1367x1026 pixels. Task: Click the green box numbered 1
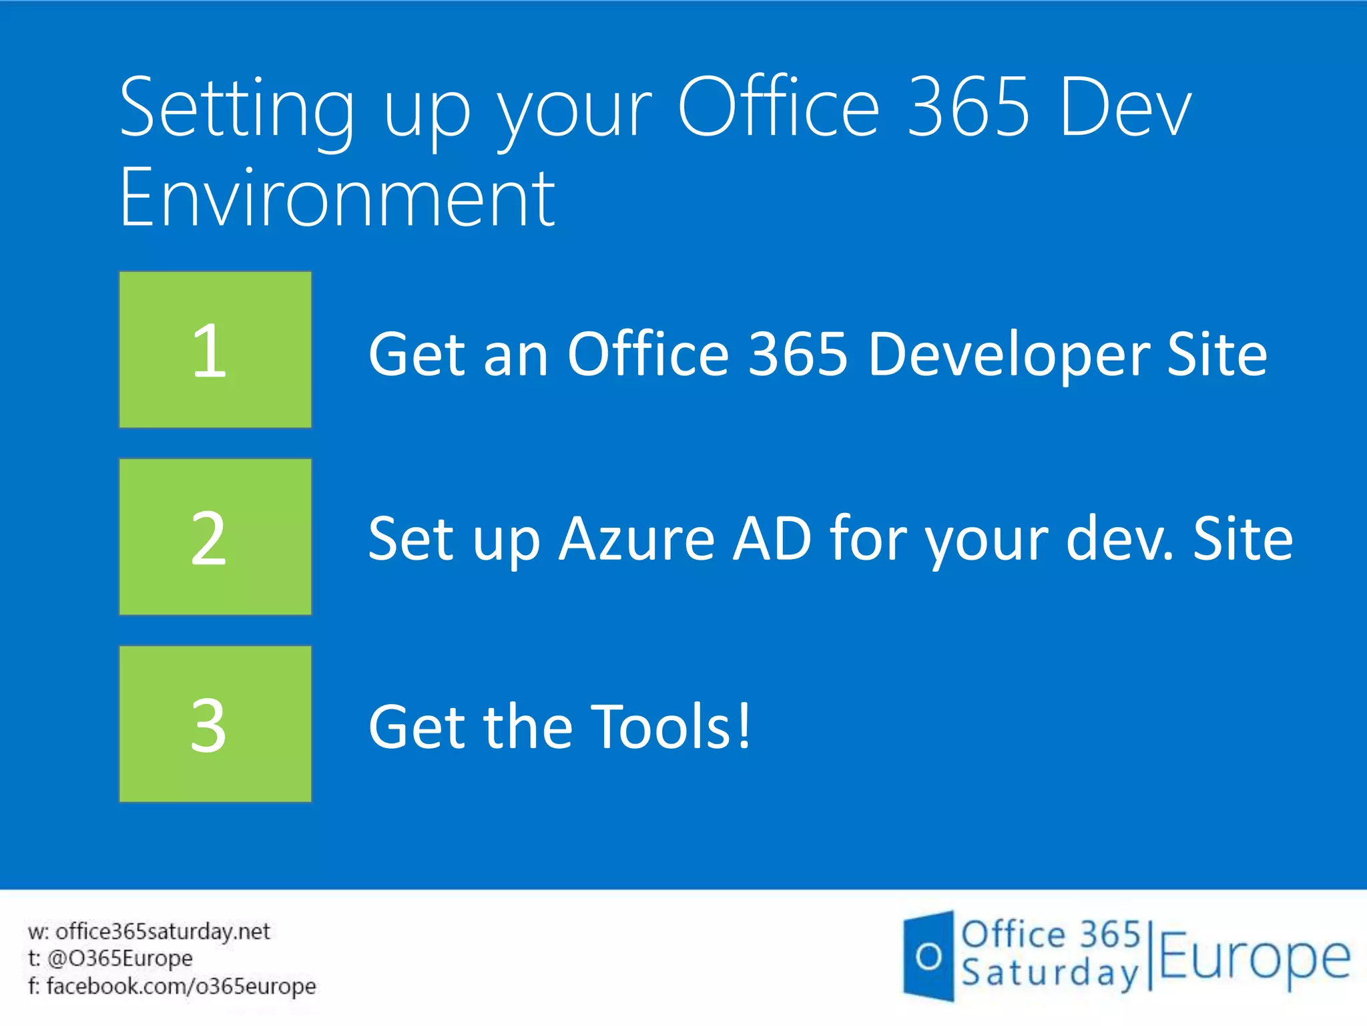click(x=215, y=349)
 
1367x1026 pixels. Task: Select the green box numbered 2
click(x=215, y=536)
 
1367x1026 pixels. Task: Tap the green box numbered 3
click(x=215, y=723)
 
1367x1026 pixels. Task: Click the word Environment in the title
click(x=337, y=198)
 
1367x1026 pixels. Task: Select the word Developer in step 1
click(x=1009, y=355)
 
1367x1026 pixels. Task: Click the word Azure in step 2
click(x=637, y=539)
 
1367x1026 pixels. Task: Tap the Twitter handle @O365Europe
click(x=120, y=959)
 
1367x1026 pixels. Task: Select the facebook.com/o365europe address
click(x=181, y=986)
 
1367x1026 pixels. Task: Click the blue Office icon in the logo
click(x=928, y=956)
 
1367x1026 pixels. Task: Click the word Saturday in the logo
click(x=1050, y=973)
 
